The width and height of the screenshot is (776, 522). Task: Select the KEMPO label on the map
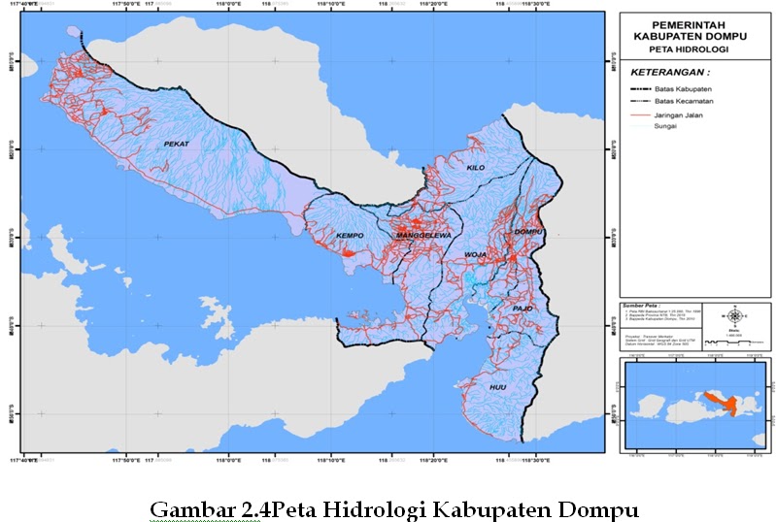coord(350,236)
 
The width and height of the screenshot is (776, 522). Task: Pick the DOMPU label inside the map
coord(526,233)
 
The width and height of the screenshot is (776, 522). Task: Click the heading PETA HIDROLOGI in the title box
coord(691,48)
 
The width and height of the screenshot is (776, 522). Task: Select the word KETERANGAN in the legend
coord(666,73)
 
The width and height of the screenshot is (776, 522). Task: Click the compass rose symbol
coord(735,315)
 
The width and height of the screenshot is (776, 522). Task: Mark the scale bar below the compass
coord(735,343)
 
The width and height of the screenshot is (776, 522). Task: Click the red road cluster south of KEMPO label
coord(347,252)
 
